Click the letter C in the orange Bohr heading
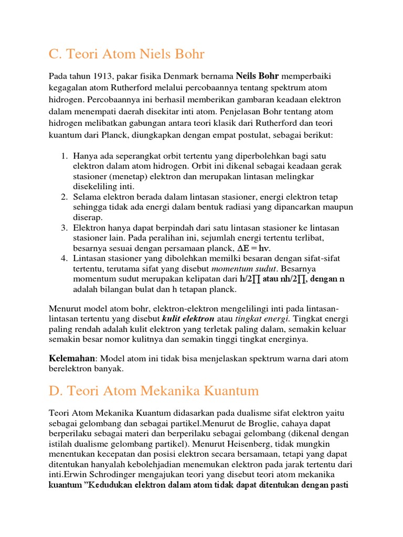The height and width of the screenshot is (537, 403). [x=52, y=54]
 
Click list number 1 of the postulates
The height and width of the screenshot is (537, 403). [x=64, y=156]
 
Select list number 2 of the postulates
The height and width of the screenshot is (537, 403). [x=64, y=197]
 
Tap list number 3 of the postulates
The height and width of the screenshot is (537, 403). [x=64, y=228]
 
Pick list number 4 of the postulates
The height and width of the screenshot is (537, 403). [x=64, y=259]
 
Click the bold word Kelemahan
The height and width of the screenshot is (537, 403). [x=72, y=359]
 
